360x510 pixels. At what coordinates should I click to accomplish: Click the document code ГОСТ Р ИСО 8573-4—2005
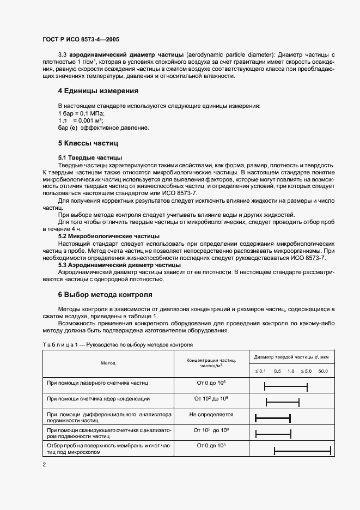coord(81,40)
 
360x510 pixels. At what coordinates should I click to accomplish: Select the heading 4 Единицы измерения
coord(98,91)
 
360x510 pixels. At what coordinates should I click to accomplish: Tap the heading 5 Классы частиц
coord(88,143)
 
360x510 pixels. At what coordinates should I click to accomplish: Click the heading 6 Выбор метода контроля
coord(105,295)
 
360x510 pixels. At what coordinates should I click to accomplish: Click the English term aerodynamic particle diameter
coord(220,56)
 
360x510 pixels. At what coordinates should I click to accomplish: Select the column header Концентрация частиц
coord(211,362)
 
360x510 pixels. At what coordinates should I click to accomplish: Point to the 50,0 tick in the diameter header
coord(323,371)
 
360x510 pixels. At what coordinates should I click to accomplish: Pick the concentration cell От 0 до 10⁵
coord(211,383)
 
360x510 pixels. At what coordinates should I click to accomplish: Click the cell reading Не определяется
coord(211,415)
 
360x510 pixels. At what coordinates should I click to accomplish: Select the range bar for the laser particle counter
coord(286,387)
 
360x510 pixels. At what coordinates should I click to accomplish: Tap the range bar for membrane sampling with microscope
coord(302,450)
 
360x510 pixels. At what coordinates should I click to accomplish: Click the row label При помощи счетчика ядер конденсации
coord(99,399)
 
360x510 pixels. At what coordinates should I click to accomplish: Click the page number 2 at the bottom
coord(44,464)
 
